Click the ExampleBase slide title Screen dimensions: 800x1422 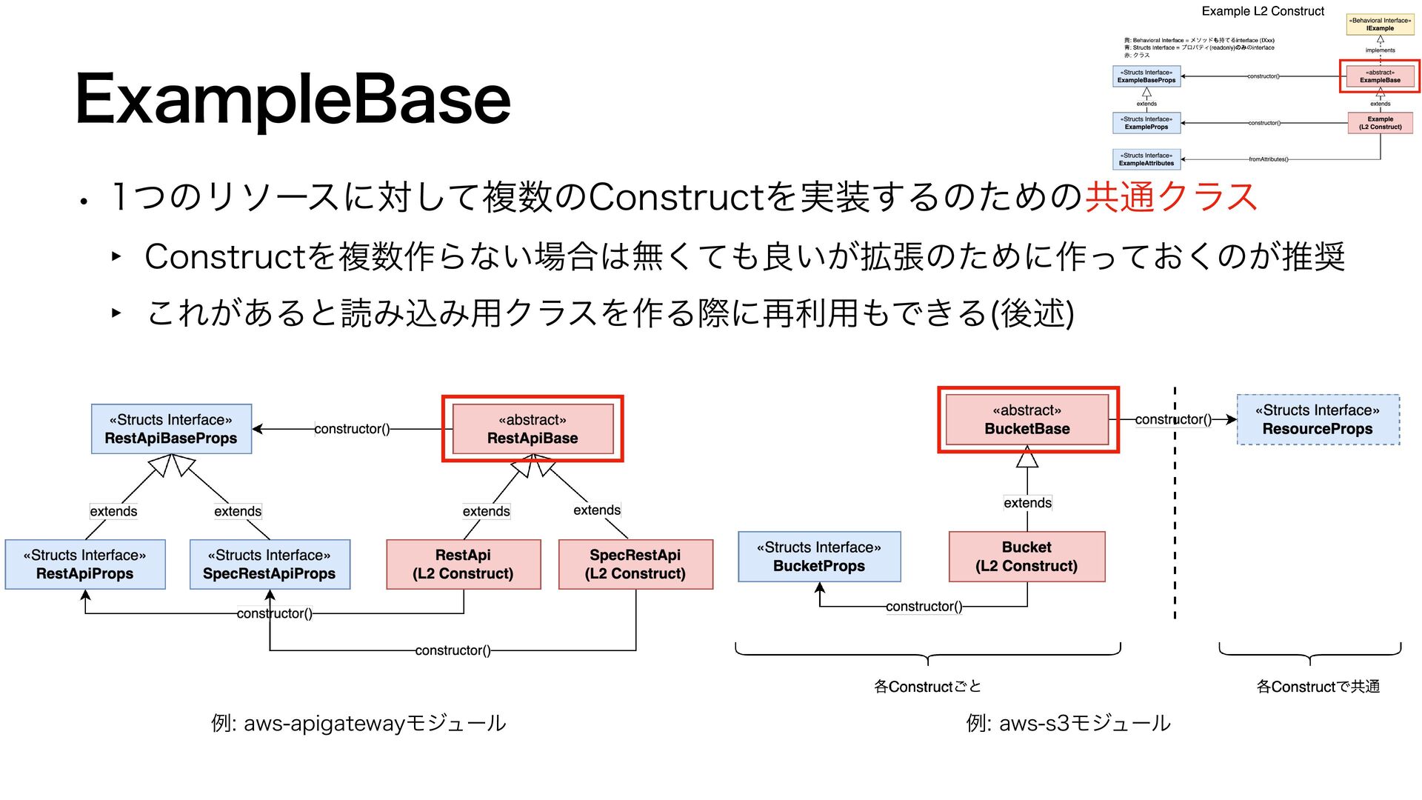pyautogui.click(x=293, y=99)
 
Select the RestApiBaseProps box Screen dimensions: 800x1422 pyautogui.click(x=171, y=429)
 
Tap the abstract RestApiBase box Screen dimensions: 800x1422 pyautogui.click(x=533, y=429)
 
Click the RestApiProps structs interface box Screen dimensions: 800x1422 pyautogui.click(x=85, y=564)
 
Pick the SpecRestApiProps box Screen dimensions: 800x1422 pyautogui.click(x=270, y=564)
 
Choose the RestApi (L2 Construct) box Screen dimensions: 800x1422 pyautogui.click(x=463, y=564)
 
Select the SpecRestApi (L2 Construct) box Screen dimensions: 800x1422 pyautogui.click(x=635, y=564)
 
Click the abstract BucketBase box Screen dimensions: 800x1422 pyautogui.click(x=1027, y=419)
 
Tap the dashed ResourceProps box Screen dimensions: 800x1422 pyautogui.click(x=1318, y=419)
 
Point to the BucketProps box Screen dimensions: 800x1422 pyautogui.click(x=819, y=556)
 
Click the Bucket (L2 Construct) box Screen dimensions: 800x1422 pyautogui.click(x=1027, y=556)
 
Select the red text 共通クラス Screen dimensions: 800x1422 pyautogui.click(x=1171, y=197)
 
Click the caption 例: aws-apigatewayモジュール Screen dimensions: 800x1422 pyautogui.click(x=358, y=723)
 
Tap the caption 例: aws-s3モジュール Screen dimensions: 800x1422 pyautogui.click(x=1068, y=723)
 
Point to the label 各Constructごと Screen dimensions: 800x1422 pyautogui.click(x=927, y=687)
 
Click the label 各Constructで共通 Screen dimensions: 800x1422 pyautogui.click(x=1318, y=687)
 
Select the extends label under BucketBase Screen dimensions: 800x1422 pyautogui.click(x=1027, y=503)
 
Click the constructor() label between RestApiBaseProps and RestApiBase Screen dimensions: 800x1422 pyautogui.click(x=352, y=429)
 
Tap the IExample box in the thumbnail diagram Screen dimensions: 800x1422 pyautogui.click(x=1380, y=24)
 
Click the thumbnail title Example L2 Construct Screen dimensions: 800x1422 pyautogui.click(x=1263, y=11)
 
